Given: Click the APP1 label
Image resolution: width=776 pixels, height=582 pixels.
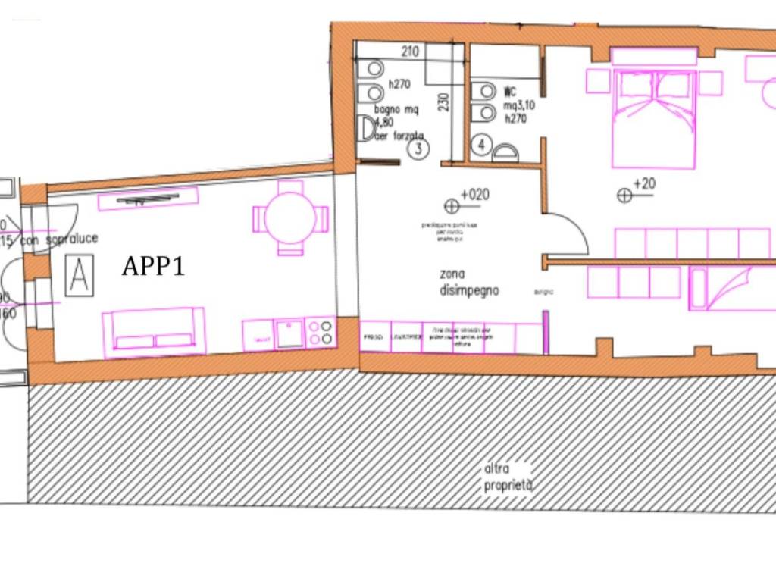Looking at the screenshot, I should [x=154, y=266].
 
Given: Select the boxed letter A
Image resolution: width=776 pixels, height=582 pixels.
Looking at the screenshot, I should [x=79, y=277].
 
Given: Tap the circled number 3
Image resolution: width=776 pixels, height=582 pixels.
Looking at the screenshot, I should [x=418, y=149].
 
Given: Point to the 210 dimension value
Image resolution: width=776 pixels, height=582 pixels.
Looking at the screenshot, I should [x=410, y=52].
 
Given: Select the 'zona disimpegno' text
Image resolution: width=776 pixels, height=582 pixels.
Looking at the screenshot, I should [x=469, y=282].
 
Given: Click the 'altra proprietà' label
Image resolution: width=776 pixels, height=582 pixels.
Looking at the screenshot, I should [x=508, y=477].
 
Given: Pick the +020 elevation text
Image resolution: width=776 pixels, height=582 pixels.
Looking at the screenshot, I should [x=474, y=195].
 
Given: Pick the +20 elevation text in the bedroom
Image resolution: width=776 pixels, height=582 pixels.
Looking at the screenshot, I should [x=644, y=184].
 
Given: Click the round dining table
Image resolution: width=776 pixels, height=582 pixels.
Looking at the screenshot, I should [x=290, y=217].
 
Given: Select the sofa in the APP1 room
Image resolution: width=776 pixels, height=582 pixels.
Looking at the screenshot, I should [x=154, y=331].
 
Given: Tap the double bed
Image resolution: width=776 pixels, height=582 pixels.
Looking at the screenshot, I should [x=653, y=117].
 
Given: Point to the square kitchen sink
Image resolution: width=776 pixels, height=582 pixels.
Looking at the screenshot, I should [x=289, y=333].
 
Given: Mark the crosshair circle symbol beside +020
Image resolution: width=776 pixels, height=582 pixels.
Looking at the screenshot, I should [x=452, y=205].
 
